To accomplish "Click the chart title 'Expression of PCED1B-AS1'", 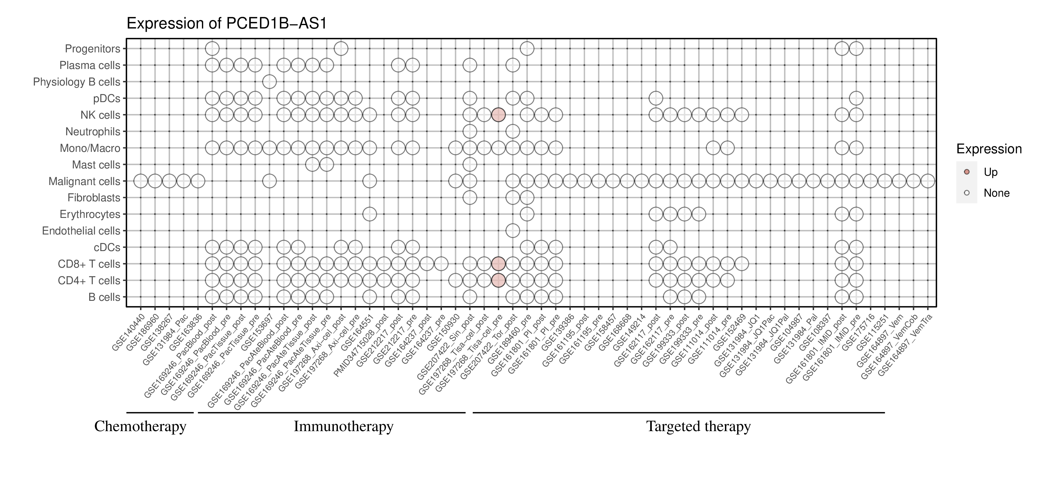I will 227,24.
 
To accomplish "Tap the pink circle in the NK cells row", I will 498,115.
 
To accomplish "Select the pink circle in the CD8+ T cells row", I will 498,264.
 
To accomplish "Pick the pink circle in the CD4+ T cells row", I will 498,280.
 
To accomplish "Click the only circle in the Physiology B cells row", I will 269,82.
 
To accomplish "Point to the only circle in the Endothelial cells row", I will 513,231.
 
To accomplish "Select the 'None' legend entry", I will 996,193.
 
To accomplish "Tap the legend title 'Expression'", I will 989,149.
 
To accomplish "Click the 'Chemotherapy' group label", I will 140,426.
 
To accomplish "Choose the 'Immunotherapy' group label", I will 343,426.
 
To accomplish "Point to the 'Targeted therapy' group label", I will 698,426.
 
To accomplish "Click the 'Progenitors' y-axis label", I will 93,49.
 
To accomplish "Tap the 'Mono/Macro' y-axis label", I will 90,148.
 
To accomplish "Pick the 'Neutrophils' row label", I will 93,132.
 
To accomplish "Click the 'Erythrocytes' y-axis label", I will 90,214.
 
